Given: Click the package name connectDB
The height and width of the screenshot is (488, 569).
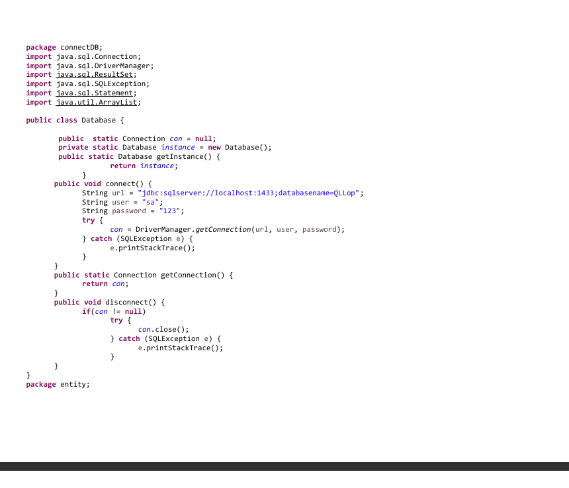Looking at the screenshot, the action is [80, 47].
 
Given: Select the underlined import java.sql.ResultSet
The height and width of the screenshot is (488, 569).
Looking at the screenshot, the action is [95, 74].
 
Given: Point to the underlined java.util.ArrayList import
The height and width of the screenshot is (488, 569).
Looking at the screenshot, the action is [97, 103].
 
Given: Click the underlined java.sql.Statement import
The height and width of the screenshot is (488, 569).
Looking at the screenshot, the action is [95, 93].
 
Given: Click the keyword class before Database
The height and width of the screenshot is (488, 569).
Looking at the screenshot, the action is [67, 121].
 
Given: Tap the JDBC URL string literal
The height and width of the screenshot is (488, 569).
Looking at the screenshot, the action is [248, 193].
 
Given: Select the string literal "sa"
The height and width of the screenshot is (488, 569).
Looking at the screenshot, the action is [150, 202].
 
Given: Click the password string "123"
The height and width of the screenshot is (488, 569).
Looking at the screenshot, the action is [169, 211].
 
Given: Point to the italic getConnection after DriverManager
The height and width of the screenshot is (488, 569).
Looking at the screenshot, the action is [223, 230].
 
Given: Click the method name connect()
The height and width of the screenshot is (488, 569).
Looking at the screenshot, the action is [124, 183].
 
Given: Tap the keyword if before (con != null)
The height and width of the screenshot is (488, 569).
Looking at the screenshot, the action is [86, 311].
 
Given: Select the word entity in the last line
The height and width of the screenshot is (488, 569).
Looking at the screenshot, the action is [73, 385].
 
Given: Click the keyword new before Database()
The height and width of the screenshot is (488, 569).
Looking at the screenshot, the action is [214, 148].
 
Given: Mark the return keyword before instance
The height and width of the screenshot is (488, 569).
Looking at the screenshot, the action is [122, 166].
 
